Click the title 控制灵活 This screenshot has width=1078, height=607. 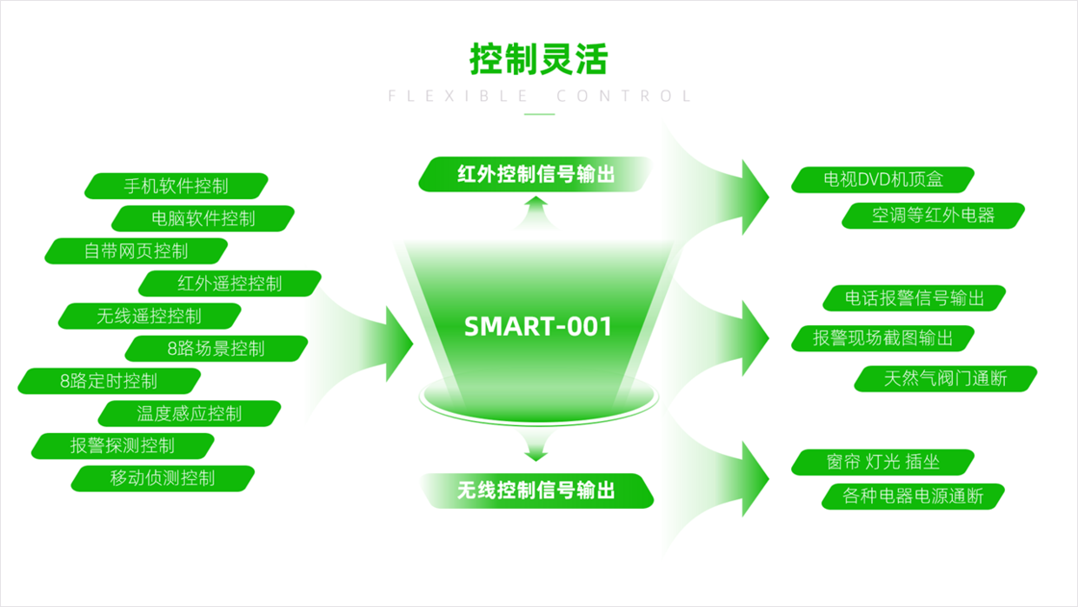pyautogui.click(x=538, y=59)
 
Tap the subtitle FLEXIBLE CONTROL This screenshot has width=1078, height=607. pyautogui.click(x=540, y=96)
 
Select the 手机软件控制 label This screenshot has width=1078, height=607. pyautogui.click(x=176, y=186)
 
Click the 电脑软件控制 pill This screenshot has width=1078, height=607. pyautogui.click(x=203, y=218)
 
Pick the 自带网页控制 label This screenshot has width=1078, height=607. pyautogui.click(x=136, y=250)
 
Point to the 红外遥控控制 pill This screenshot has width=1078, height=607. pyautogui.click(x=230, y=283)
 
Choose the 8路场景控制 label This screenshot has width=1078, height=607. pyautogui.click(x=216, y=349)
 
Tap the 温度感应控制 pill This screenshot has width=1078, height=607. pyautogui.click(x=190, y=413)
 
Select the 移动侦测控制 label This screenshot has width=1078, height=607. pyautogui.click(x=163, y=478)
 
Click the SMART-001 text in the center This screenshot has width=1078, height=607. pyautogui.click(x=538, y=326)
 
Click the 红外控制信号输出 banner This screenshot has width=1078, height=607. pyautogui.click(x=536, y=174)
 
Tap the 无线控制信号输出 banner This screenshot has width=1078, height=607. pyautogui.click(x=536, y=491)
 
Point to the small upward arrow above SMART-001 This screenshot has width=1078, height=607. pyautogui.click(x=536, y=212)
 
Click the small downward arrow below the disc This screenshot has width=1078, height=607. pyautogui.click(x=536, y=446)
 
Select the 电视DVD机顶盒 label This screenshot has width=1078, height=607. pyautogui.click(x=883, y=179)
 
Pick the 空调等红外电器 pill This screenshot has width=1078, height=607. pyautogui.click(x=933, y=215)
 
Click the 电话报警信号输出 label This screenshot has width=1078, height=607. pyautogui.click(x=915, y=298)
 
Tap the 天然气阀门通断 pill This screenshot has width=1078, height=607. pyautogui.click(x=946, y=379)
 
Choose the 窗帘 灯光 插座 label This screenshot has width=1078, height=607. pyautogui.click(x=883, y=462)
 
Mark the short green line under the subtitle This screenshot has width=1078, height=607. pyautogui.click(x=540, y=114)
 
